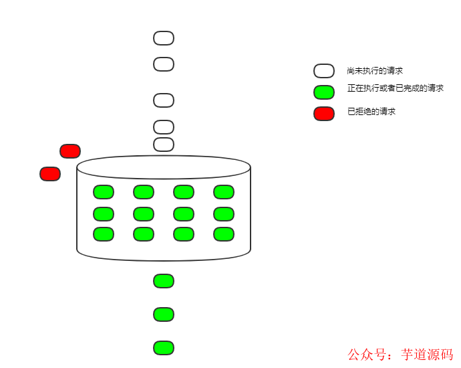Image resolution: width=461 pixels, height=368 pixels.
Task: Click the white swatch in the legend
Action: pos(324,71)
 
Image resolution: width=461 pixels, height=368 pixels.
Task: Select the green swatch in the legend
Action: pos(324,92)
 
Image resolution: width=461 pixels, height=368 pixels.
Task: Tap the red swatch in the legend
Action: pos(324,114)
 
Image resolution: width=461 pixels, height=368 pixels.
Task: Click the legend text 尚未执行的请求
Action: pos(375,71)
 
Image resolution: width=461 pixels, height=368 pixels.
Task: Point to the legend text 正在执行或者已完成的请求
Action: pos(396,88)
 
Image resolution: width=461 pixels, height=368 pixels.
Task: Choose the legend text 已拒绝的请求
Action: pos(371,112)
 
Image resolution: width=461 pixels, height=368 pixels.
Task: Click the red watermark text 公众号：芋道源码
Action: pos(400,355)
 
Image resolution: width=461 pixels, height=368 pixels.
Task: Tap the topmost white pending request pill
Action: pos(164,38)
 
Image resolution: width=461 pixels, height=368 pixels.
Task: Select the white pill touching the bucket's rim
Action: pos(164,145)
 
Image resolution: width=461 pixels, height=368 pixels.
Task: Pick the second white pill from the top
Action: pos(164,64)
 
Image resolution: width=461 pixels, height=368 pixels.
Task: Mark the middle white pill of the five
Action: pos(164,100)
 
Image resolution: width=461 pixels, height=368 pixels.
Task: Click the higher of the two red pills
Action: pos(70,151)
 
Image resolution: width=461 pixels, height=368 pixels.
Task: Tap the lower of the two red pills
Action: pos(50,174)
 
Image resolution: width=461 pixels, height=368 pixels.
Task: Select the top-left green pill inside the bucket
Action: pos(104,192)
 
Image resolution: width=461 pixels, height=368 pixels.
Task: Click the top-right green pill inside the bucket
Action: pos(224,192)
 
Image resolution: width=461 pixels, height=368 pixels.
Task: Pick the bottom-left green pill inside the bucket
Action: pos(104,234)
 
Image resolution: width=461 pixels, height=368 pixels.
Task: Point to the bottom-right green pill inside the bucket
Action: pos(224,234)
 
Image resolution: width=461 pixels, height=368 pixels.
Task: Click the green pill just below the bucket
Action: pos(164,281)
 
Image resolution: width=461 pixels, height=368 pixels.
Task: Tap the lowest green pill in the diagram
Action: pos(164,348)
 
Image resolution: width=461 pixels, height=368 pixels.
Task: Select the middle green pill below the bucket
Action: pos(164,314)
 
